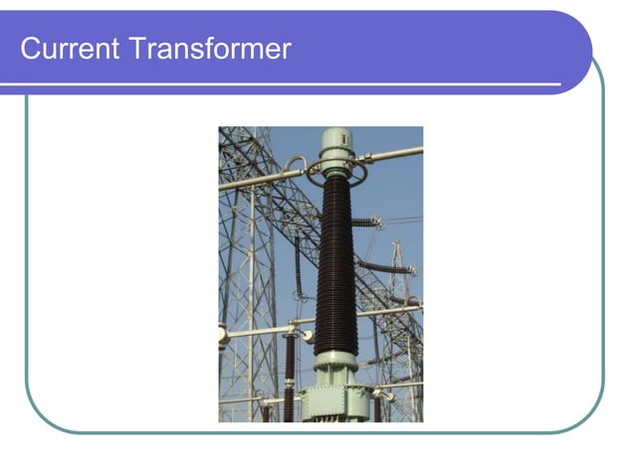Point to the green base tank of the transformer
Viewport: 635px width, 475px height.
click(x=336, y=401)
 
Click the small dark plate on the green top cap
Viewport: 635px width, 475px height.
click(x=335, y=139)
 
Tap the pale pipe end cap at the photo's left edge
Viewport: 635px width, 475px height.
click(x=223, y=336)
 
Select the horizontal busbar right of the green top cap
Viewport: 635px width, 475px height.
click(x=392, y=154)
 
